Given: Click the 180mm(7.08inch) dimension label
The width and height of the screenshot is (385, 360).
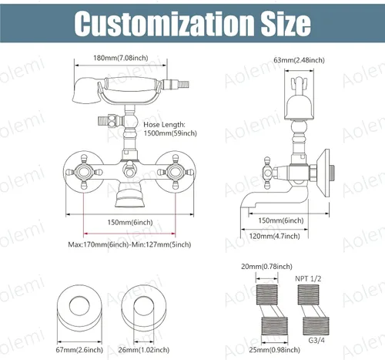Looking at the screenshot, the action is [121, 58].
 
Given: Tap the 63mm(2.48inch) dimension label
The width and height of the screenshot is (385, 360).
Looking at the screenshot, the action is [299, 60].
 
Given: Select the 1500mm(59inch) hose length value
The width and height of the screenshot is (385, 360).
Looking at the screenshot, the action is [170, 133].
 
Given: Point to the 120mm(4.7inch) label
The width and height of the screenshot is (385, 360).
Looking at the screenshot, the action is [274, 236].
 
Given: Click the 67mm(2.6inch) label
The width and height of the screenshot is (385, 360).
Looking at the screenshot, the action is [79, 350].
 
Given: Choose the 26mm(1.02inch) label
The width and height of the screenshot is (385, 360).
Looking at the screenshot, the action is [144, 350].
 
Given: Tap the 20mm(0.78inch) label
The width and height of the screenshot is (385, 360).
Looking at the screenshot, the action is [266, 267].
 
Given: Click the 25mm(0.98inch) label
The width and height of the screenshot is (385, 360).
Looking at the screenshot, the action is [274, 350].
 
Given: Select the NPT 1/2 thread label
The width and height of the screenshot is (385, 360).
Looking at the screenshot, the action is [308, 279].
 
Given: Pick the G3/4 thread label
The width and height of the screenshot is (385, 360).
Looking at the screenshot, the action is [316, 340].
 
